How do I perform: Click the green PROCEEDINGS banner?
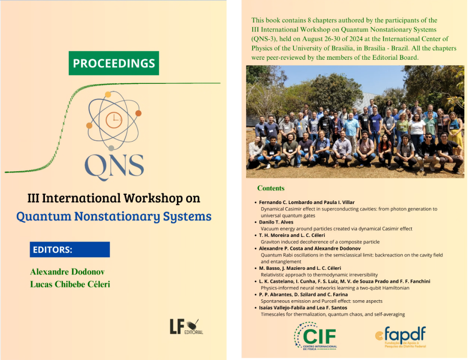(x=114, y=63)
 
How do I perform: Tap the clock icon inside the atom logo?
(x=114, y=120)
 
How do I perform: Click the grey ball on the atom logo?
(x=111, y=148)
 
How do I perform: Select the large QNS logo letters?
(x=114, y=167)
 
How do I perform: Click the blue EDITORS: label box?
(x=70, y=249)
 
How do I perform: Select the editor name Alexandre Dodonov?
(x=68, y=272)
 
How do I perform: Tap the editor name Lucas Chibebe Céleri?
(x=70, y=285)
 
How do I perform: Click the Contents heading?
(x=271, y=188)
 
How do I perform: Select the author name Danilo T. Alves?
(x=276, y=222)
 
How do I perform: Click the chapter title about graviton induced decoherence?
(x=320, y=242)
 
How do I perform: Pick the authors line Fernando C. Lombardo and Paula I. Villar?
(x=306, y=203)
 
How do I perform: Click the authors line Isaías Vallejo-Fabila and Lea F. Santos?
(x=303, y=308)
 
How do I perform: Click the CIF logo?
(x=316, y=336)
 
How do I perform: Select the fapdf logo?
(x=400, y=336)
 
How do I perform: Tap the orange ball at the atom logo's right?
(x=138, y=113)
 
